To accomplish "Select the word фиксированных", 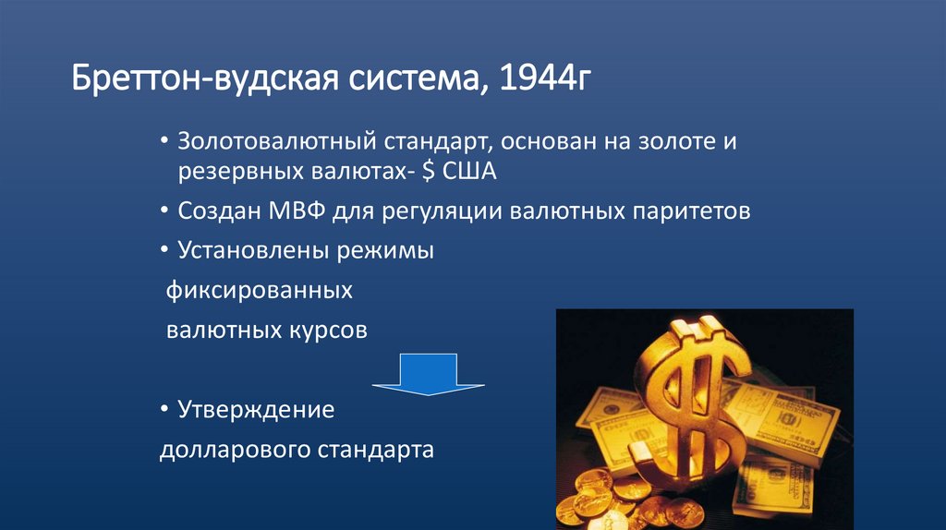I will pyautogui.click(x=260, y=291).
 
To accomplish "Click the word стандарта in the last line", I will pyautogui.click(x=377, y=451).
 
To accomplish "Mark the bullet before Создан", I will pyautogui.click(x=164, y=211).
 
